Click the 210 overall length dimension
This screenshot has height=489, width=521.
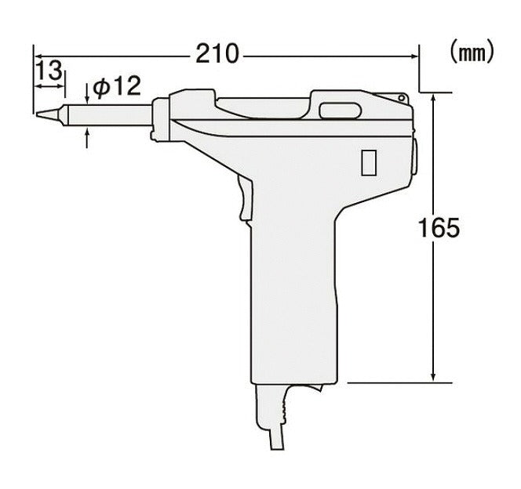[217, 55]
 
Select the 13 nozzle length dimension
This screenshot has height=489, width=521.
[49, 71]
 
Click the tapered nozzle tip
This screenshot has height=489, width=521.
[49, 114]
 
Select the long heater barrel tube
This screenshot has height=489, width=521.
[109, 114]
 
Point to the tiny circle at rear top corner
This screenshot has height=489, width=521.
[402, 98]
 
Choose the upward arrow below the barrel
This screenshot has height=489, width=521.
[87, 137]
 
